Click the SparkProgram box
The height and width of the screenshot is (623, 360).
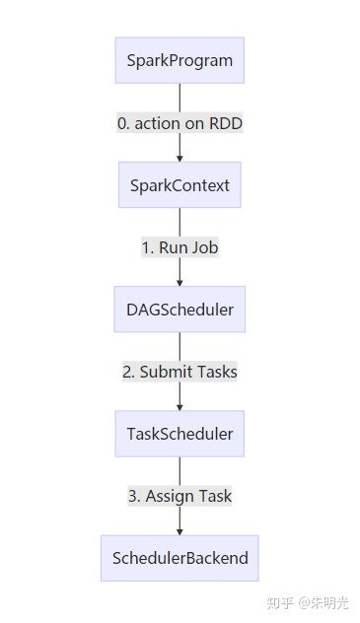tap(180, 60)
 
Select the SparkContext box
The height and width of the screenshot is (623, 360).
tap(180, 184)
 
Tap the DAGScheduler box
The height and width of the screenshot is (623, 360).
tap(180, 310)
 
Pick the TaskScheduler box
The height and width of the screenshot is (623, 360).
tap(180, 434)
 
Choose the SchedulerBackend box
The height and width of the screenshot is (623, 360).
tap(180, 558)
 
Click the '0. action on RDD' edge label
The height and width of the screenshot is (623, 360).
tap(180, 123)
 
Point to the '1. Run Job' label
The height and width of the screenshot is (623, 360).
tap(180, 247)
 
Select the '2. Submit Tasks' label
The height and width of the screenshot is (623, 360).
tap(180, 372)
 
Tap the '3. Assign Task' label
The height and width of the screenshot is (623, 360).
tap(180, 496)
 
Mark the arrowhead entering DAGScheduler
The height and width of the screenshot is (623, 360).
tap(180, 281)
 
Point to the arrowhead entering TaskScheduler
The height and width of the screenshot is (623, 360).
tap(180, 405)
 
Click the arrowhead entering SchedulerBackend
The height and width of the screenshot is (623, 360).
tap(180, 529)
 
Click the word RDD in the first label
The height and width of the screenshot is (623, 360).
tap(225, 123)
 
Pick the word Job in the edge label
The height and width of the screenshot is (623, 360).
tap(203, 247)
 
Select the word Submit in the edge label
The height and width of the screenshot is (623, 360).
tap(165, 372)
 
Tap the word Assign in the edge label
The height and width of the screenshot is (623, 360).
tap(169, 496)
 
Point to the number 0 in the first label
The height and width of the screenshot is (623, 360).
tap(122, 123)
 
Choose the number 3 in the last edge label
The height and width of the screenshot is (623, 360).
tap(132, 496)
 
